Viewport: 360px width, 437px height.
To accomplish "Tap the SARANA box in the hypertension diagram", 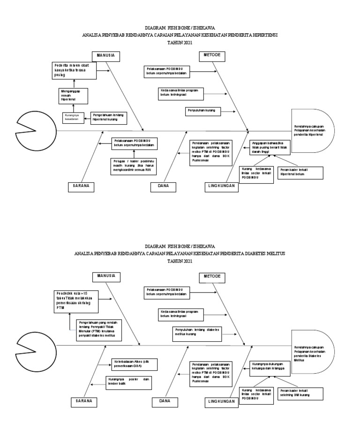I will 81,186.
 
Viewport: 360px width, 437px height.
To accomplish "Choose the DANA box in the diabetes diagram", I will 165,401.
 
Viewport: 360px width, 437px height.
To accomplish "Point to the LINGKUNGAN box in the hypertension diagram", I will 222,187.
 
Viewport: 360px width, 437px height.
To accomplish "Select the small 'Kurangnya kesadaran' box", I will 73,117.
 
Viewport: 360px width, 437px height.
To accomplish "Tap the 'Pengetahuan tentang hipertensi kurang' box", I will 110,117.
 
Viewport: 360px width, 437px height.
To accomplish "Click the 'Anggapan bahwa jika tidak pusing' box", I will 271,148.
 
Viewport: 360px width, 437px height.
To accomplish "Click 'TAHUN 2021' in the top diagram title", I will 180,43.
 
